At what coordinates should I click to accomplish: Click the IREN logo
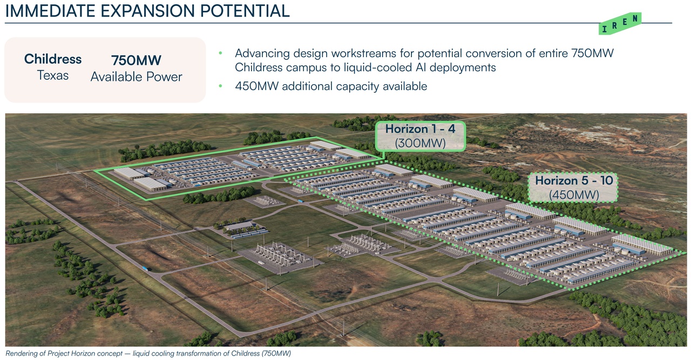pos(620,23)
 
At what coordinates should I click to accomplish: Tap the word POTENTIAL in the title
pos(245,11)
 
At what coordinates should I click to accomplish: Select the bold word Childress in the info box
pos(53,59)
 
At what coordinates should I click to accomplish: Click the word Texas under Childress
pos(53,75)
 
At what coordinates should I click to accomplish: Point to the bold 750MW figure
pos(137,60)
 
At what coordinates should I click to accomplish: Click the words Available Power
pos(137,77)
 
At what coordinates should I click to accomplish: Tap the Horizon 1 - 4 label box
pos(420,136)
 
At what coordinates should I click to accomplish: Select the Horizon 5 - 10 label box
pos(573,188)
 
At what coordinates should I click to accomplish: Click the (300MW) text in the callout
pos(420,143)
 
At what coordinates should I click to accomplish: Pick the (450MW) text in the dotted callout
pos(574,195)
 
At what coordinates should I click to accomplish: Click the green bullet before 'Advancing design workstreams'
pos(220,53)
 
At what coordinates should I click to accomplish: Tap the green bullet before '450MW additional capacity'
pos(220,86)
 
